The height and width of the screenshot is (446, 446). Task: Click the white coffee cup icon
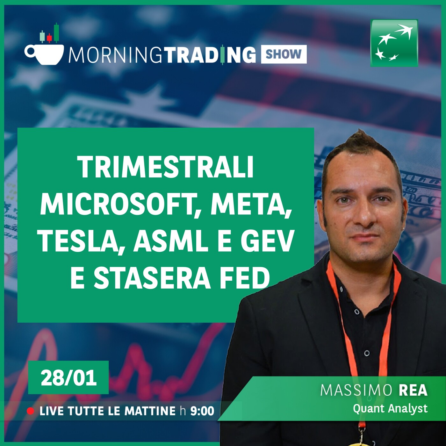tap(45, 54)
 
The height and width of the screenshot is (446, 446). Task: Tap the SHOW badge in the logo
tap(284, 54)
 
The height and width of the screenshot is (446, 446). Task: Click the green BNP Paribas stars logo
tap(394, 43)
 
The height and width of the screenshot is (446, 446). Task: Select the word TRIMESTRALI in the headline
tap(166, 167)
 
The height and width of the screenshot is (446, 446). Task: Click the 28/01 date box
tap(68, 378)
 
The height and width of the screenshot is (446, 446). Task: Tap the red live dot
tap(31, 411)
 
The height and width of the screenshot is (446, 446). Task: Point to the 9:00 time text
tap(202, 411)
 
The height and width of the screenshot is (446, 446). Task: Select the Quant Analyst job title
tap(390, 408)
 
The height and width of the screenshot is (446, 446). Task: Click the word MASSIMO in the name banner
tap(356, 390)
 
